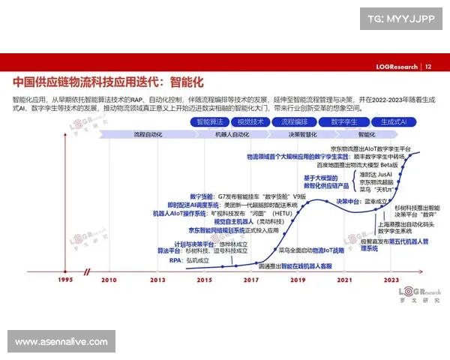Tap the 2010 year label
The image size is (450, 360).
click(x=109, y=280)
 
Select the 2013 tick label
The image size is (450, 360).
click(x=157, y=280)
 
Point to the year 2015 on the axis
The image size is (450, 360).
click(x=204, y=280)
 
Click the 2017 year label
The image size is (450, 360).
click(x=250, y=280)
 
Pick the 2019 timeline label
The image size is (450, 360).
click(x=298, y=280)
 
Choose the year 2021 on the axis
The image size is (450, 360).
click(x=344, y=280)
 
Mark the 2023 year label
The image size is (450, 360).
click(x=391, y=280)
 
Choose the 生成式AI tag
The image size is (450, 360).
click(x=393, y=121)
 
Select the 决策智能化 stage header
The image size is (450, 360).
click(x=302, y=134)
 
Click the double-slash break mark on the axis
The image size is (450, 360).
click(x=88, y=270)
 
